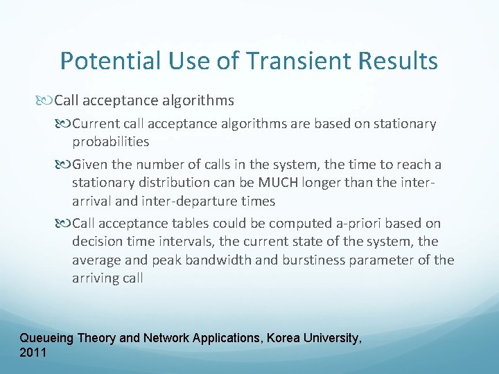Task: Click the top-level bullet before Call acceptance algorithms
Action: coord(46,100)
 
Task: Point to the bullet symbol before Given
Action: coord(64,165)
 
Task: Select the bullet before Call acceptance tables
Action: coord(64,224)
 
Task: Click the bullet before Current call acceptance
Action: coord(64,124)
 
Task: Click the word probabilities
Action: coord(110,141)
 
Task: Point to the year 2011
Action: coord(33,353)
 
